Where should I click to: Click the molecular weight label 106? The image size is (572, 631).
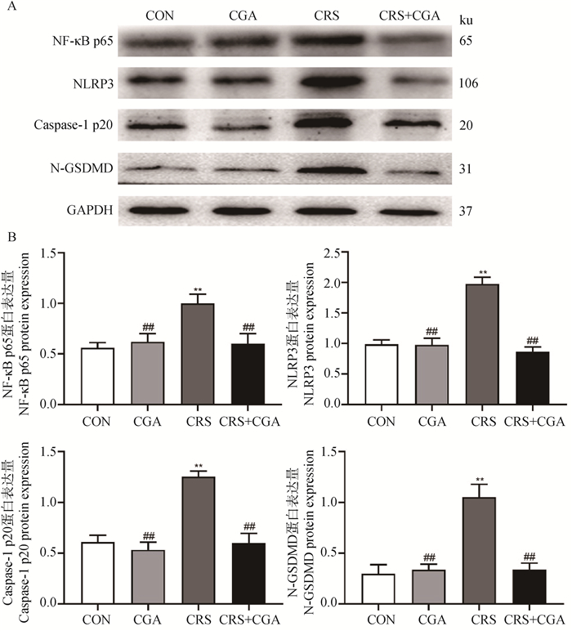468,83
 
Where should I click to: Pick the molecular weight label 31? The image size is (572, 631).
463,170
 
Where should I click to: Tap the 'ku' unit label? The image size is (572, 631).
467,17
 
